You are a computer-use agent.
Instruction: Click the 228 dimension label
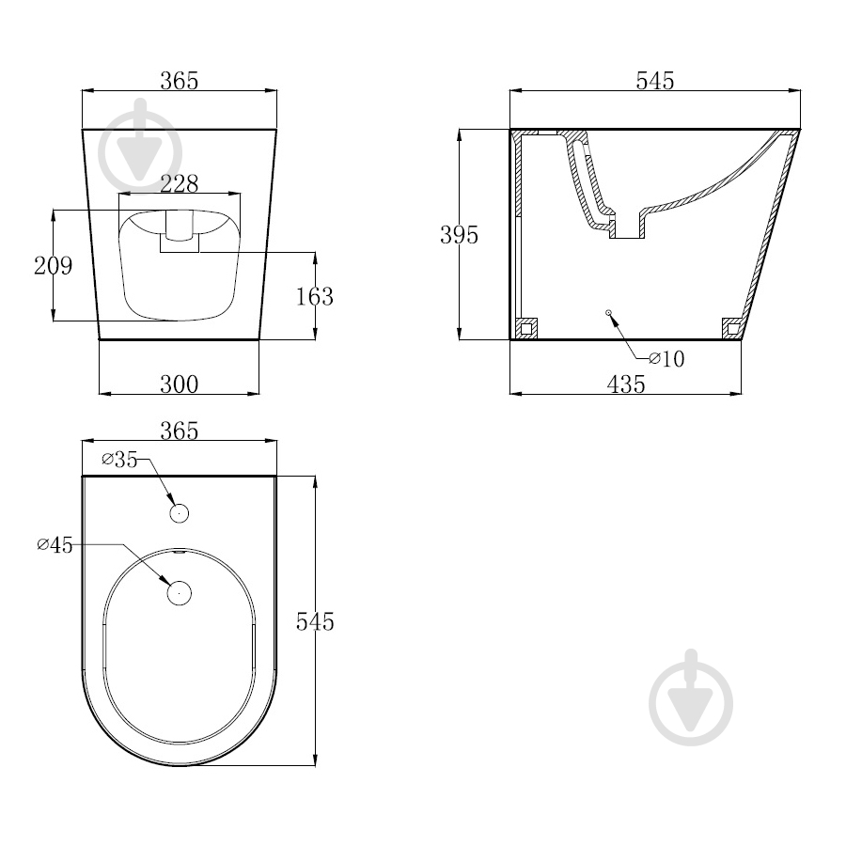[180, 183]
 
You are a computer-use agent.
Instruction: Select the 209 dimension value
[53, 265]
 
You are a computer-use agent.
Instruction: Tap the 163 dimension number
[315, 297]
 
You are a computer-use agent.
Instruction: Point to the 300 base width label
[180, 384]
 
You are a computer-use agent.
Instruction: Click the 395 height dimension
[459, 235]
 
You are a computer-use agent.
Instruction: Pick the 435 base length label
[626, 384]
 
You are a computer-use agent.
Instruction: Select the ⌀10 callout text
[666, 359]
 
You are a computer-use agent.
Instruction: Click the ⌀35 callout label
[119, 459]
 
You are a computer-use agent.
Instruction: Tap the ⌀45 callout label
[55, 545]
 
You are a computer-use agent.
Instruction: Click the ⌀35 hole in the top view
[180, 513]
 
